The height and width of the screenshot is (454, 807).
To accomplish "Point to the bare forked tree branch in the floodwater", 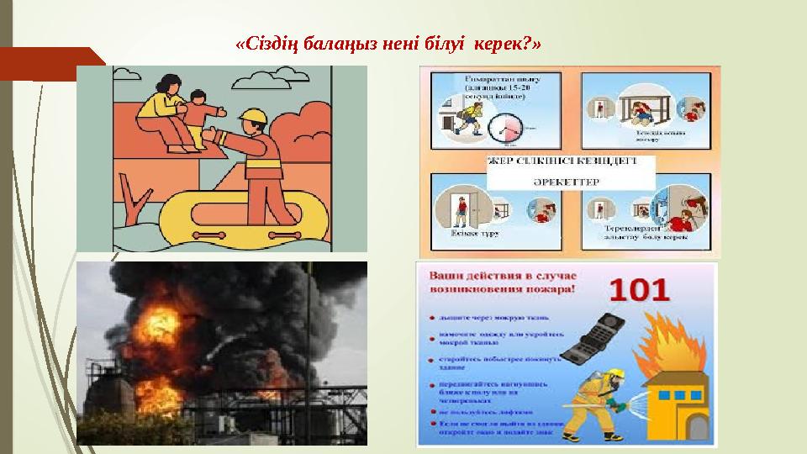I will click(134, 202).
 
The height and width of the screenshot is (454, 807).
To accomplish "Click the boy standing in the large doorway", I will click(461, 209).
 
